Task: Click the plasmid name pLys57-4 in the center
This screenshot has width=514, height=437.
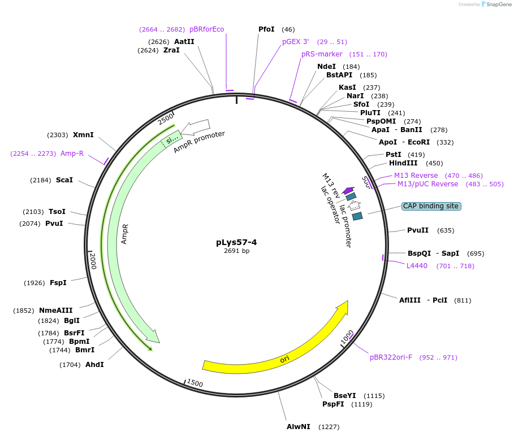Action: click(236, 242)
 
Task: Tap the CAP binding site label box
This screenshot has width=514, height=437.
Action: click(431, 206)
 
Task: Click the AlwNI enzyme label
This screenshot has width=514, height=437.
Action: click(299, 427)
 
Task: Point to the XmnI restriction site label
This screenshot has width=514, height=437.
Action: click(83, 135)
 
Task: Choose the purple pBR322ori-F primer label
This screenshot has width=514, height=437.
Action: click(391, 357)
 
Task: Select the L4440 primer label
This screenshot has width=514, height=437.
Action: click(417, 266)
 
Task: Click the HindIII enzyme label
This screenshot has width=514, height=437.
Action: click(403, 163)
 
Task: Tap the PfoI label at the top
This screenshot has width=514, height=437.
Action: click(266, 29)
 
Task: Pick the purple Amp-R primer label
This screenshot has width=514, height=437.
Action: click(72, 154)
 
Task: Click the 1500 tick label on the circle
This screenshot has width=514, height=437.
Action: click(195, 383)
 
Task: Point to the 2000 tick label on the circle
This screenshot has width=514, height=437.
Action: click(93, 261)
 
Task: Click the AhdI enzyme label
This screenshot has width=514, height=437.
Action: click(94, 365)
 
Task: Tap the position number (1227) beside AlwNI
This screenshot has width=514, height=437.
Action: click(329, 427)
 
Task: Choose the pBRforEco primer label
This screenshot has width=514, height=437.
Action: click(207, 29)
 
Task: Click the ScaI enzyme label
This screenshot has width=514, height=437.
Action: click(64, 180)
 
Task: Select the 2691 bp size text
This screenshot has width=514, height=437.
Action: click(236, 251)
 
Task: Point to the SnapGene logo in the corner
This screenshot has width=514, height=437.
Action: click(498, 5)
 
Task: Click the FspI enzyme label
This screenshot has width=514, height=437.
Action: click(58, 283)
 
